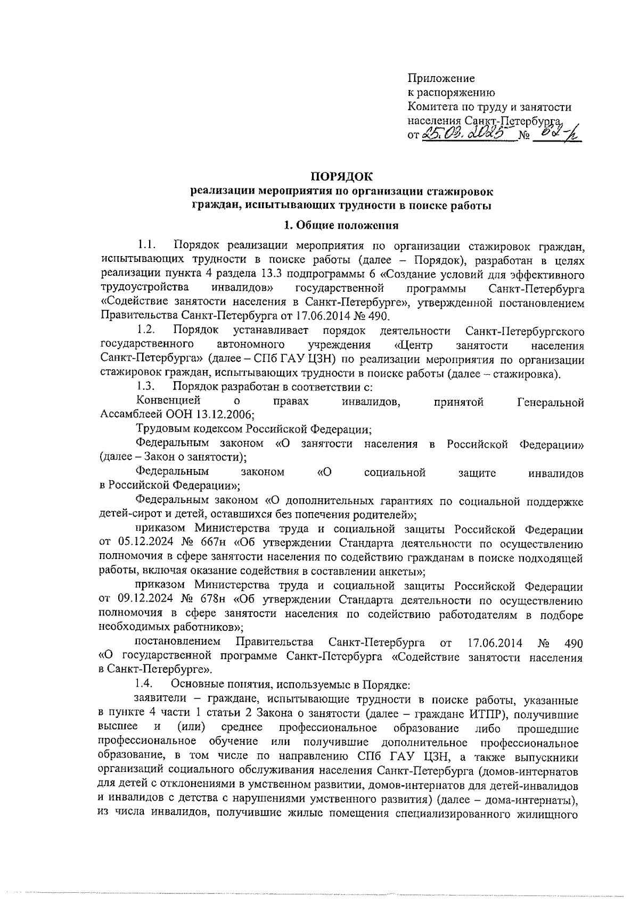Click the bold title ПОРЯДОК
[341, 176]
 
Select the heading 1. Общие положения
[341, 225]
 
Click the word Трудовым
[161, 429]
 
